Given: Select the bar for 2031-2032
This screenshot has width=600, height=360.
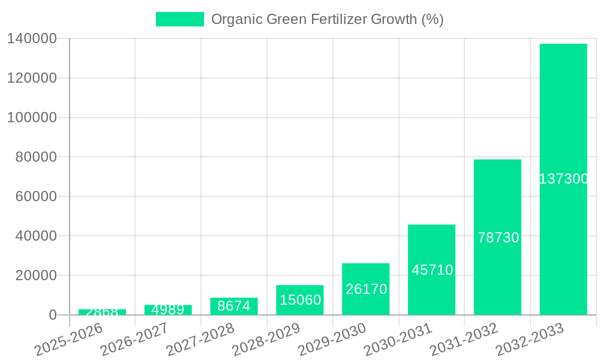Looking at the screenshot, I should click(497, 198).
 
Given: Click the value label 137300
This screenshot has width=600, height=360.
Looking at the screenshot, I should click(563, 179).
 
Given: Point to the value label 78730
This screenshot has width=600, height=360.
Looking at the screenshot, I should click(498, 238).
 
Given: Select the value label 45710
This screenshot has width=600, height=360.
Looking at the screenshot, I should click(432, 270).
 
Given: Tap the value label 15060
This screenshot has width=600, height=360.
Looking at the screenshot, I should click(300, 299).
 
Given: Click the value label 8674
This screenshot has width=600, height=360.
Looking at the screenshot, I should click(234, 306).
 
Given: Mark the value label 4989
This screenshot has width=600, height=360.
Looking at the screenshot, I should click(168, 310).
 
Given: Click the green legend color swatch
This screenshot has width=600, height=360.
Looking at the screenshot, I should click(179, 19).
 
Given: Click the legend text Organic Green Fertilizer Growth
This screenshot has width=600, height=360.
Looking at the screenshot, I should click(327, 19).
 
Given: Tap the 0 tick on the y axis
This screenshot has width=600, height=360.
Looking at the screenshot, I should click(53, 315).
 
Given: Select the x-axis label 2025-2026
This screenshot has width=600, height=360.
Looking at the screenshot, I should click(70, 339).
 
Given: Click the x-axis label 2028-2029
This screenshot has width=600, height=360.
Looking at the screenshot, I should click(267, 339).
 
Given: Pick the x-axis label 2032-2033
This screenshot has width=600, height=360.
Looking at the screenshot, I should click(530, 339).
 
